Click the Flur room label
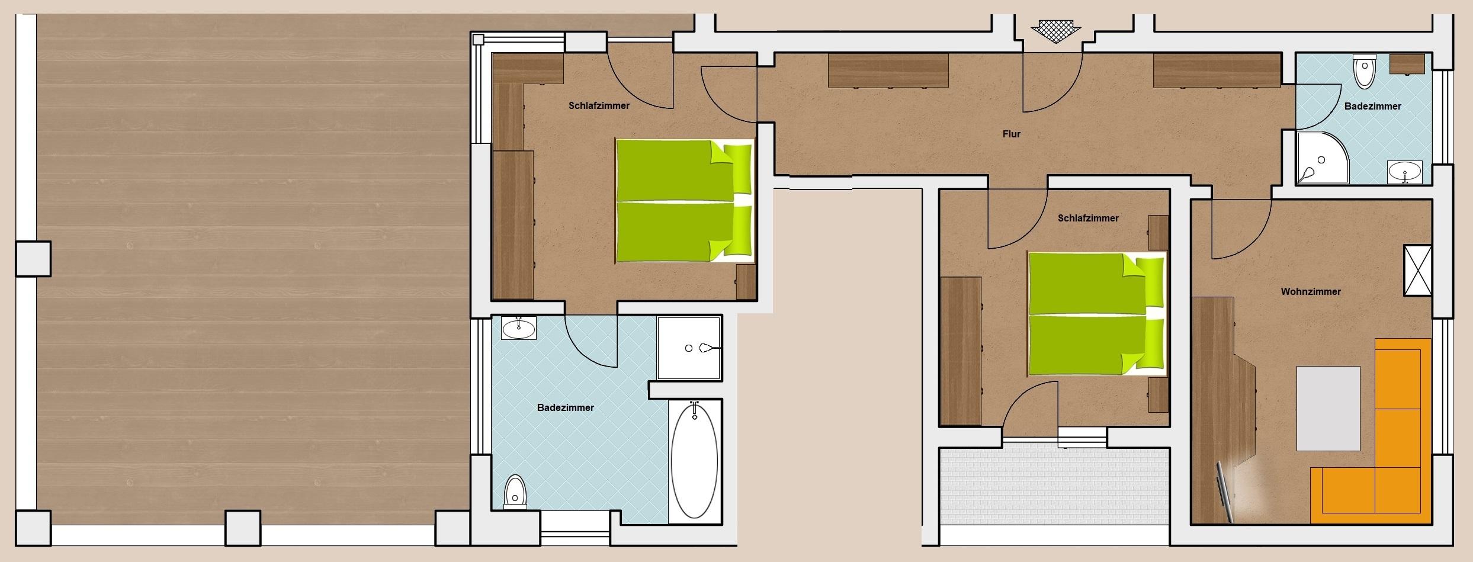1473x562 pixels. point(1011,134)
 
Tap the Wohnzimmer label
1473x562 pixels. point(1310,291)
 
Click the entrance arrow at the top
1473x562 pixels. point(1055,30)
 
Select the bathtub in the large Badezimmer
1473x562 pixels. point(694,460)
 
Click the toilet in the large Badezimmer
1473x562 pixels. point(515,492)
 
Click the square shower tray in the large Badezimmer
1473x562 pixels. point(689,348)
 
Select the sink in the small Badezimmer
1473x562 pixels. point(1404,172)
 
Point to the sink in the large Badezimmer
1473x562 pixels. point(519,328)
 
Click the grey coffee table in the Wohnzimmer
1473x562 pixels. point(1328,409)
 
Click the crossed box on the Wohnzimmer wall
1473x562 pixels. point(1418,271)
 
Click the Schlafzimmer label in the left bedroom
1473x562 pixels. point(599,106)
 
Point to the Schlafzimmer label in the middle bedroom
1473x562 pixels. point(1088,219)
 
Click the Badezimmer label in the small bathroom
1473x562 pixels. point(1372,107)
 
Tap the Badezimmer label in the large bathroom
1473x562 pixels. point(565,408)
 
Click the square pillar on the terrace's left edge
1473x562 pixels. point(33,259)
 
